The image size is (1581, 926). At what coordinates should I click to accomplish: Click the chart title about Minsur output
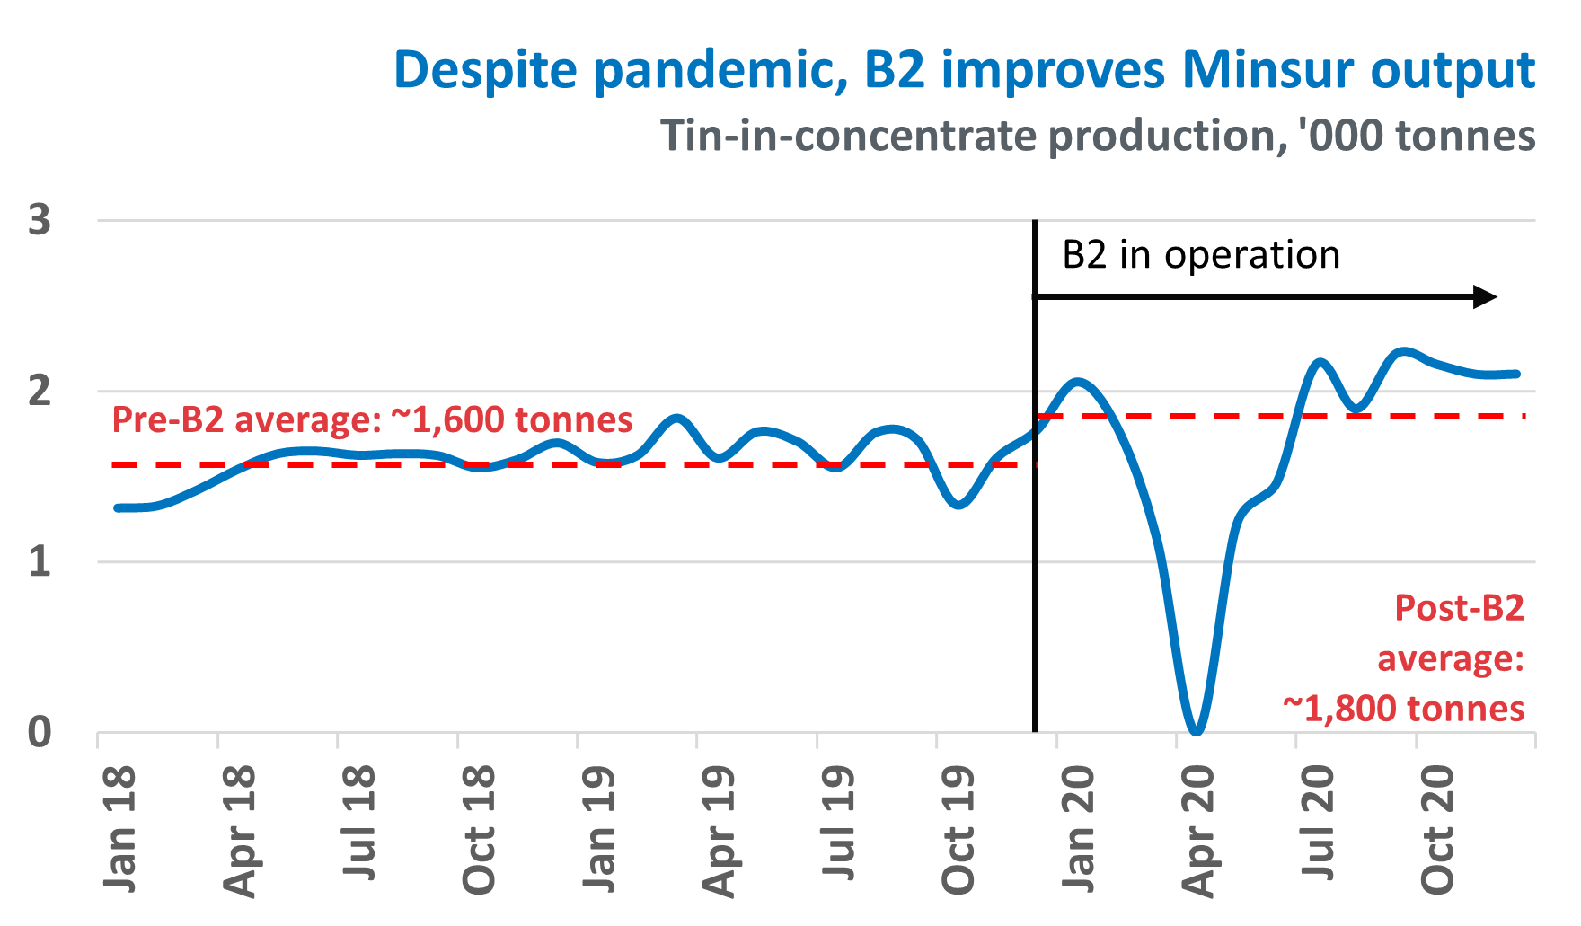[964, 69]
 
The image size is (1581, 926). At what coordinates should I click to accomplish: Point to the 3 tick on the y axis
[40, 220]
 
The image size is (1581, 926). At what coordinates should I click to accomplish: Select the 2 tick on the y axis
[40, 392]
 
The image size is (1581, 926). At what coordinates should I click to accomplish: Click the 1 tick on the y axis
[40, 562]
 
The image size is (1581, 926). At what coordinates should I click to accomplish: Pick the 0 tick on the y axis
[40, 733]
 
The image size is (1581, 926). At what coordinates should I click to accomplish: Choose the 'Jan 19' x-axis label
[599, 828]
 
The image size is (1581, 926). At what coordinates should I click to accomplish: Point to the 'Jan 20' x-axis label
[1079, 828]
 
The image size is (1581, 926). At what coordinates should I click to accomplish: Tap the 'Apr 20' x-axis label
[1198, 830]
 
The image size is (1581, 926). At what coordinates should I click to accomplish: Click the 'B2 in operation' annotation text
[1201, 255]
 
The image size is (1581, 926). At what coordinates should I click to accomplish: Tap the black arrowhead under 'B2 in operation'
[1486, 296]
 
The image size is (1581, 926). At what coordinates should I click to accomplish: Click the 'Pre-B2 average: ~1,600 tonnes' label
[372, 419]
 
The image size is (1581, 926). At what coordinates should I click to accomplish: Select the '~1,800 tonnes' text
[1403, 709]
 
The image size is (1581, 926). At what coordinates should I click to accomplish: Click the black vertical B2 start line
[1036, 539]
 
